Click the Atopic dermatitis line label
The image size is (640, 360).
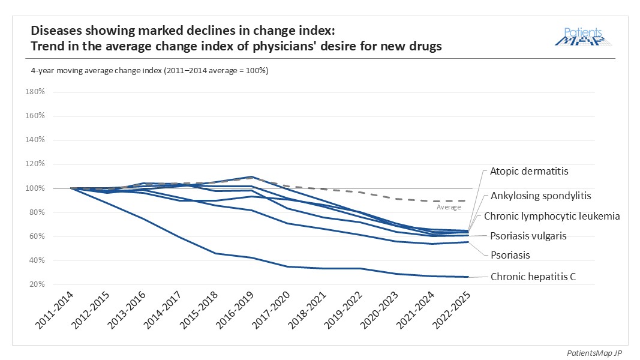pos(529,171)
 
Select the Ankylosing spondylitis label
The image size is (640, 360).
pos(541,196)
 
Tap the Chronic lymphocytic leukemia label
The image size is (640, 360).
pos(552,217)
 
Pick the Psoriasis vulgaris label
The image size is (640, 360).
pos(528,236)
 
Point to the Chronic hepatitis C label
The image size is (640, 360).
pos(533,277)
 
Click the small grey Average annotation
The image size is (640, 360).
pos(449,208)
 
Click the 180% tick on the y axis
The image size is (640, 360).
pos(35,92)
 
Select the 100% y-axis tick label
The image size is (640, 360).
pos(35,188)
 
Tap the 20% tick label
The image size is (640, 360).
pos(37,284)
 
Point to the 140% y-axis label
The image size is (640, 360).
pos(35,140)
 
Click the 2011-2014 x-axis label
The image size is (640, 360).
pos(55,310)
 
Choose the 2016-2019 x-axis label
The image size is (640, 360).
pos(235,310)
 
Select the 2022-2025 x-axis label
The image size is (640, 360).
pos(451,310)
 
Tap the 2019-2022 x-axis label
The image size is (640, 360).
pos(343,310)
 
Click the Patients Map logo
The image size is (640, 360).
pos(583,37)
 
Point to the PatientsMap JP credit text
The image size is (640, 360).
pos(594,353)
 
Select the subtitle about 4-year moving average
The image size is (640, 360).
pos(149,71)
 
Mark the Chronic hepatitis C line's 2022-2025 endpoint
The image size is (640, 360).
pos(468,277)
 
